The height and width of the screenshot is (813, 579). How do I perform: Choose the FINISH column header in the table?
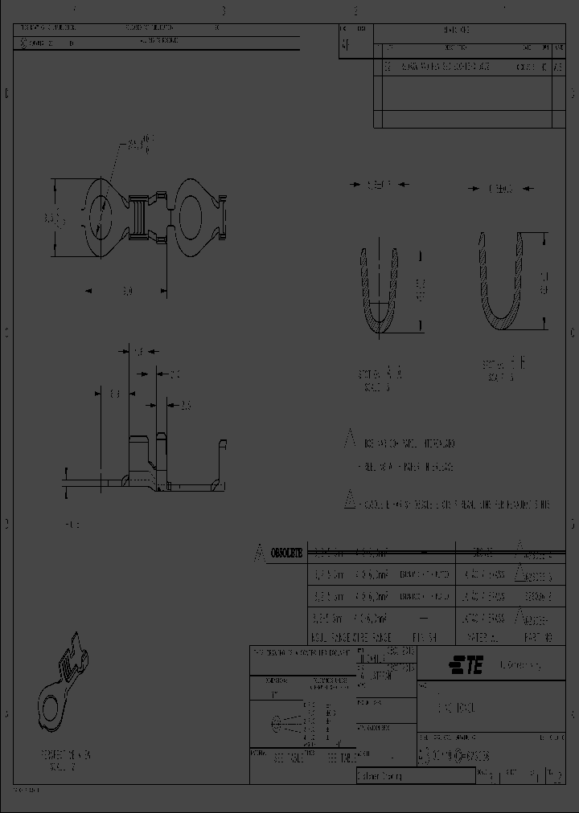click(423, 636)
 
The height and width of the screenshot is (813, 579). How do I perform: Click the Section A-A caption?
click(379, 379)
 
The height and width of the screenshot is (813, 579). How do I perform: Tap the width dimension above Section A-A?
click(378, 185)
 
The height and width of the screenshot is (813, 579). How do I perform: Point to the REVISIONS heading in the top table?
click(458, 29)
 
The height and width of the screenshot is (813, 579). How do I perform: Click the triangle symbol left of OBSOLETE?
click(259, 552)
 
